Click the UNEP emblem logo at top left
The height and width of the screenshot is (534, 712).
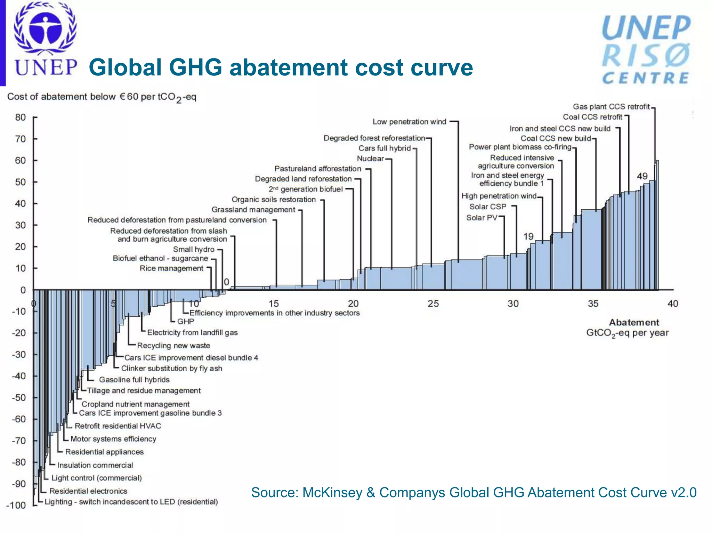click(x=45, y=38)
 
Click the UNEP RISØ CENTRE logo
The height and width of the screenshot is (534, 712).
click(x=646, y=50)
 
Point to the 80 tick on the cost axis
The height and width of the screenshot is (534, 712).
click(x=21, y=118)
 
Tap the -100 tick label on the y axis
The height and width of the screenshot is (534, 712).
click(x=16, y=505)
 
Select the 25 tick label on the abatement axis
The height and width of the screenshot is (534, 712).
click(x=433, y=304)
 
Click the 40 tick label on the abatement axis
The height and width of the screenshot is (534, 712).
click(x=673, y=304)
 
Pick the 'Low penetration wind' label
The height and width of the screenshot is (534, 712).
click(x=409, y=122)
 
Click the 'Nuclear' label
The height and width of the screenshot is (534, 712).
click(x=370, y=159)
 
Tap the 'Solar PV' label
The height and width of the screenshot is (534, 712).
click(x=482, y=218)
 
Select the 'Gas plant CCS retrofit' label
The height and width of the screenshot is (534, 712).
click(x=611, y=107)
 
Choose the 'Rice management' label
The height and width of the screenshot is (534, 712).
click(x=171, y=268)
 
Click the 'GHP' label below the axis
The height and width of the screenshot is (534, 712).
click(x=186, y=322)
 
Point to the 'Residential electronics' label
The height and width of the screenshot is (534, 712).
click(x=88, y=491)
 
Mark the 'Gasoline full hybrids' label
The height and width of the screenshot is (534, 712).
click(x=134, y=380)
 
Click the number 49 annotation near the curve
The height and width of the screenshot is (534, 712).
click(x=642, y=176)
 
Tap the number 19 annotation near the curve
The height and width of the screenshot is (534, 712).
click(x=528, y=237)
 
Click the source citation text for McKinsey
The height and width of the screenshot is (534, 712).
click(x=474, y=493)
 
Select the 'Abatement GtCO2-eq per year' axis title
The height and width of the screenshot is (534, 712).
click(x=628, y=328)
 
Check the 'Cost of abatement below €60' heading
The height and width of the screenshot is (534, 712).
click(x=102, y=97)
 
